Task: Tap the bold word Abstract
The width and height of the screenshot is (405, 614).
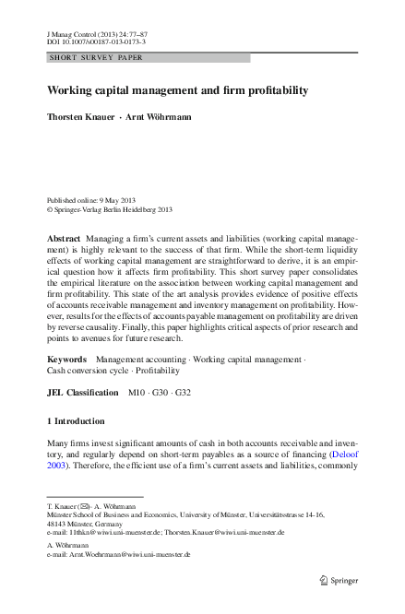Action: click(x=64, y=238)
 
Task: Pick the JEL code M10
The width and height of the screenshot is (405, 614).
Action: click(x=139, y=393)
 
